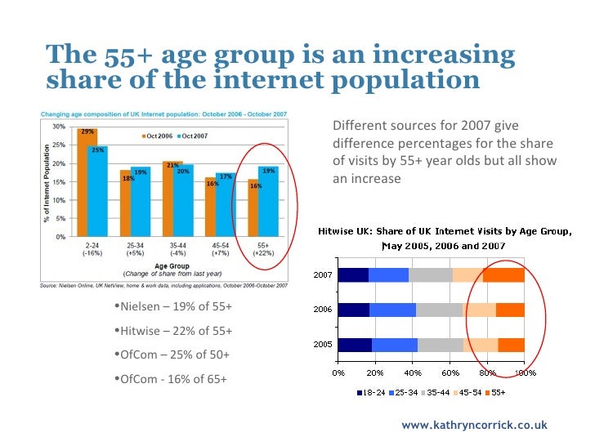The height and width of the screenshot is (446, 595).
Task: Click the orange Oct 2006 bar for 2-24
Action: (87, 182)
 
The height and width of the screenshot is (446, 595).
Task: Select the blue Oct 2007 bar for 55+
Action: (268, 201)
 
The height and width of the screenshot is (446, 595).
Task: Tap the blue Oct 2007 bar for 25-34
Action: (140, 202)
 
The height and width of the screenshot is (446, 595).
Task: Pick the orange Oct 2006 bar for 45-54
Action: (210, 207)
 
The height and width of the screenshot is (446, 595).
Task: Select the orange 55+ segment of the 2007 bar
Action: (503, 275)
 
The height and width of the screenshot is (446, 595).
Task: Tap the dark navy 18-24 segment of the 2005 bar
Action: (354, 345)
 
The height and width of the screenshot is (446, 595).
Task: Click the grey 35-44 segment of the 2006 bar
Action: (440, 310)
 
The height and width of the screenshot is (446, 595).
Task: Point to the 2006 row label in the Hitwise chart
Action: (322, 310)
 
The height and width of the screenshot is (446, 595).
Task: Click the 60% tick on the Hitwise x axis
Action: (450, 372)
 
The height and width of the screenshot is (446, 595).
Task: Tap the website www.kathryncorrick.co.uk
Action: (475, 426)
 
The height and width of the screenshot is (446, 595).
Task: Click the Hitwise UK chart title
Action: (444, 238)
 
